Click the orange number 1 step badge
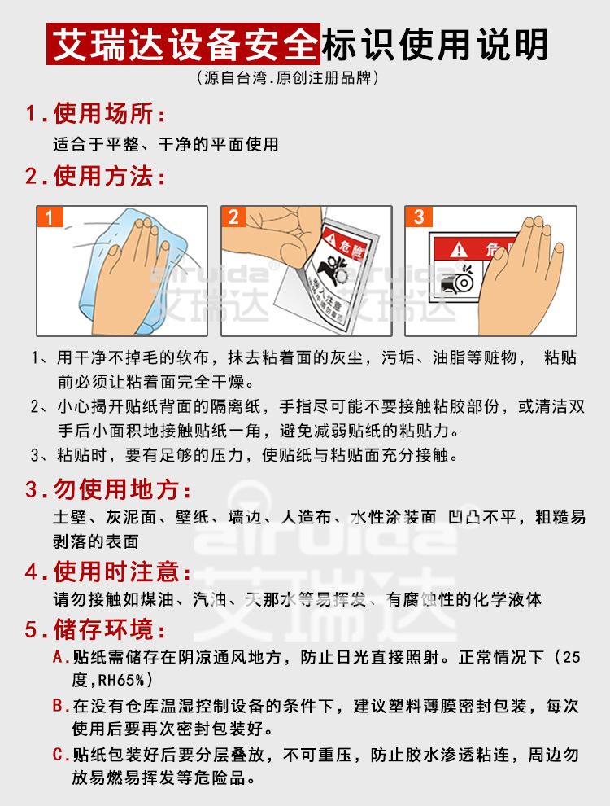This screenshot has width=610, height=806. [x=50, y=217]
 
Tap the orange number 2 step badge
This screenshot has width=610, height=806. [x=233, y=217]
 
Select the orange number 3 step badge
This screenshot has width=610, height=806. [x=419, y=217]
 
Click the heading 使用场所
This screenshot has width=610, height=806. [x=109, y=112]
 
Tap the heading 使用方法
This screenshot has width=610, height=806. [x=109, y=176]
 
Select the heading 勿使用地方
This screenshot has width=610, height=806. [x=122, y=490]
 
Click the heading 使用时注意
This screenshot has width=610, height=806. [x=122, y=571]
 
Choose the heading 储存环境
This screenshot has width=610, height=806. [x=109, y=630]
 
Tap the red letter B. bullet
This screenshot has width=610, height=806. [x=61, y=704]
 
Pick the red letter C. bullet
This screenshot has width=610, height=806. [x=61, y=755]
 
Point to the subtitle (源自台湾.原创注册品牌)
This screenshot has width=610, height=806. [x=287, y=79]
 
